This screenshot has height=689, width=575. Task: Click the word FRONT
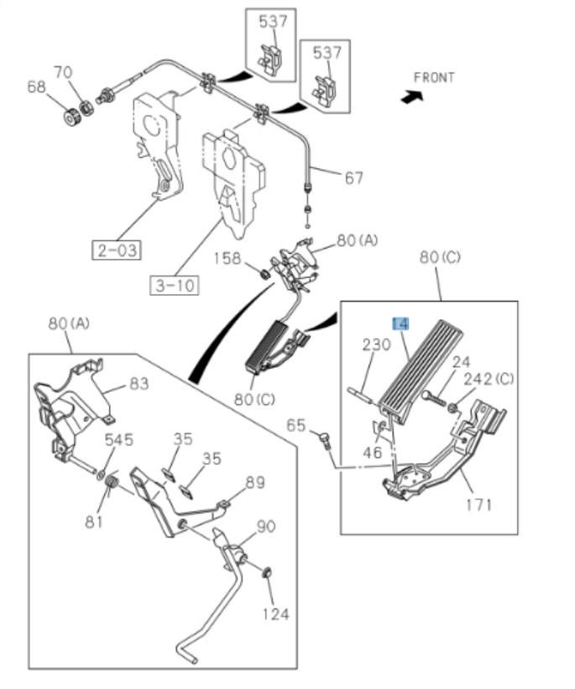coord(434,77)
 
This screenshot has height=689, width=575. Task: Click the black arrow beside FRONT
coord(409,97)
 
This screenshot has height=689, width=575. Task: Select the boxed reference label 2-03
coord(117,250)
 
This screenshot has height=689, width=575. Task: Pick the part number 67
coord(353,178)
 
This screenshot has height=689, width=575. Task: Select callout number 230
coord(376,344)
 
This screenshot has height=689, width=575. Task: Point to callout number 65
coord(295,425)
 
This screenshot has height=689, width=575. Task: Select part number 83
coord(139,384)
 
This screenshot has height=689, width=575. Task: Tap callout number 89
coord(254,482)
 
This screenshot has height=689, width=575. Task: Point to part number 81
coord(93,522)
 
